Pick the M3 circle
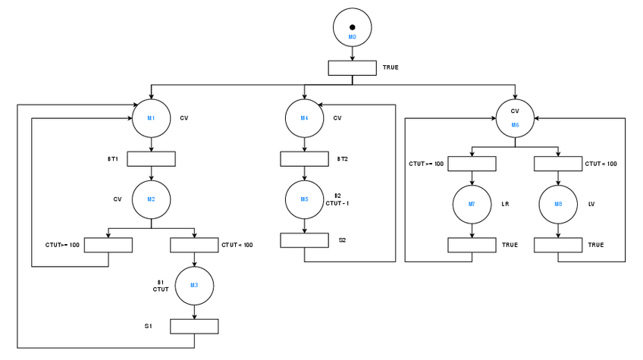coord(194,285)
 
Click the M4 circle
coord(304,118)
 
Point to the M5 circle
coord(304,200)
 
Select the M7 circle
coord(472,205)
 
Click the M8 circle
coord(558,205)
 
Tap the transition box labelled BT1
coord(151,159)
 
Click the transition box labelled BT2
coord(304,159)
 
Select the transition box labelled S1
coord(194,326)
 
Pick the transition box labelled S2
coord(304,240)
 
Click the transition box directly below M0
coord(352,68)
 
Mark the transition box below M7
coord(472,245)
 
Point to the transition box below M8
coord(558,245)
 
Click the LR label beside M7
coord(506,204)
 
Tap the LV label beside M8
coord(592,204)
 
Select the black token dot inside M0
coord(352,27)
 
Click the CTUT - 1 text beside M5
coord(337,203)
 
